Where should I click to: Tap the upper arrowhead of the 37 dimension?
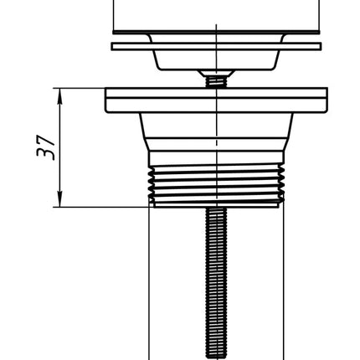click(59, 95)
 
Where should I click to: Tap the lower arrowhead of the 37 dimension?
click(59, 200)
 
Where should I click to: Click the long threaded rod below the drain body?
click(216, 283)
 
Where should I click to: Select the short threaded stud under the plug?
click(216, 82)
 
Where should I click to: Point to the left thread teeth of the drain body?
click(152, 184)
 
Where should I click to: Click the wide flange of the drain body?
click(216, 100)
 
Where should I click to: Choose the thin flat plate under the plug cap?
click(216, 46)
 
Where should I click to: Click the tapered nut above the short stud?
click(216, 73)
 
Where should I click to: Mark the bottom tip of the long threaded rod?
click(216, 357)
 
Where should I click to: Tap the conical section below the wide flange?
click(216, 131)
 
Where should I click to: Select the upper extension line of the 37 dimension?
click(80, 88)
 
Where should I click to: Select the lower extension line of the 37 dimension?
click(104, 207)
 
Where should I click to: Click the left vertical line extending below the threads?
click(149, 283)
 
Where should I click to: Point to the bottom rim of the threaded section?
click(216, 205)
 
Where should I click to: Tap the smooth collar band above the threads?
click(216, 158)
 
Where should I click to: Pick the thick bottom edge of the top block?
click(216, 33)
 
